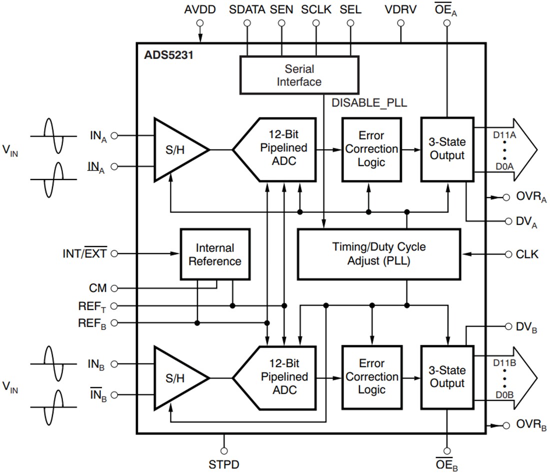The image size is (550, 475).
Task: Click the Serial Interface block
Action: pyautogui.click(x=299, y=74)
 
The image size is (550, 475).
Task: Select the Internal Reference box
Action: pyautogui.click(x=214, y=254)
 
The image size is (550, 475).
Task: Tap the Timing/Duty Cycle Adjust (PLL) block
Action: pyautogui.click(x=378, y=253)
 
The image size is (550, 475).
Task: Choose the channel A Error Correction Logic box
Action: pyautogui.click(x=371, y=149)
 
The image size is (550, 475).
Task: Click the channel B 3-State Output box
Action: pyautogui.click(x=447, y=376)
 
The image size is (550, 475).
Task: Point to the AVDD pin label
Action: pyautogui.click(x=200, y=9)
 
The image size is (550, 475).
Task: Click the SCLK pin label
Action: pyautogui.click(x=316, y=9)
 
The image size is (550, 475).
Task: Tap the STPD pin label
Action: pyautogui.click(x=224, y=464)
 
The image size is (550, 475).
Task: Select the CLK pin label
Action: pyautogui.click(x=527, y=254)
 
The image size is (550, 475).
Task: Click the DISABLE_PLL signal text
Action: pyautogui.click(x=369, y=103)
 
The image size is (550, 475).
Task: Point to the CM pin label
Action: pyautogui.click(x=98, y=288)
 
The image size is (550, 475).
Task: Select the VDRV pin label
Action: pyautogui.click(x=400, y=9)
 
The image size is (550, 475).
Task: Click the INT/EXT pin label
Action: pyautogui.click(x=84, y=253)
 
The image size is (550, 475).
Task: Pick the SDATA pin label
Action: pyautogui.click(x=247, y=9)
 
